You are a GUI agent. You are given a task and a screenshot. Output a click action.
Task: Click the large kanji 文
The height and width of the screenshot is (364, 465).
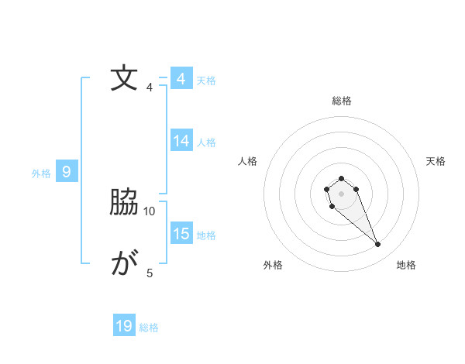(125, 79)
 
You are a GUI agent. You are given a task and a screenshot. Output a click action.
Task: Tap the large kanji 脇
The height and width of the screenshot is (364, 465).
(125, 203)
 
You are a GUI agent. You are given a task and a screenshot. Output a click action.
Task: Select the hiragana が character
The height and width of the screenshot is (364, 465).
(125, 265)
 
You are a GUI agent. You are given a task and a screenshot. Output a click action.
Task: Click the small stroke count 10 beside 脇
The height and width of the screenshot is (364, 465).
(150, 211)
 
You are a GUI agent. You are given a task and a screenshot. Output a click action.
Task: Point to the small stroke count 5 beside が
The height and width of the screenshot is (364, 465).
(150, 273)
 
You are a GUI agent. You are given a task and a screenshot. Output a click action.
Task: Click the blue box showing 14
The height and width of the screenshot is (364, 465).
(181, 141)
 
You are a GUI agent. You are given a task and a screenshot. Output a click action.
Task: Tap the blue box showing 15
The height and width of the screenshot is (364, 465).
(181, 234)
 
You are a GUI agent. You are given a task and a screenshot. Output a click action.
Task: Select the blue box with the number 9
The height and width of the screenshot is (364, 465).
(67, 172)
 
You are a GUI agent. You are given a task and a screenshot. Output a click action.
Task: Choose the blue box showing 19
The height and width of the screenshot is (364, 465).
(124, 326)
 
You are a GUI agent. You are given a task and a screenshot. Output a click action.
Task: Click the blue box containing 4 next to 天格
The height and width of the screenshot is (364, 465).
(181, 79)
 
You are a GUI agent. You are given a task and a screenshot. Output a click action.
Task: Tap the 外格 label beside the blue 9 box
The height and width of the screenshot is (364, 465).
(41, 173)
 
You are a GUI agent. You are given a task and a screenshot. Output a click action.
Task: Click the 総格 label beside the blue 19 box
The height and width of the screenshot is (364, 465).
(149, 328)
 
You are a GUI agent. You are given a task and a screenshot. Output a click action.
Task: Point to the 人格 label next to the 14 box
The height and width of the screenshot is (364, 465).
(206, 143)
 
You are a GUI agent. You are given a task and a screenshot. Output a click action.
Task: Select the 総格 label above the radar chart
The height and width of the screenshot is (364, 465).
(341, 101)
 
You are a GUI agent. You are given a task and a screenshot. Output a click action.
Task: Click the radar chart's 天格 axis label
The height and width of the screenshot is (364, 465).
(436, 161)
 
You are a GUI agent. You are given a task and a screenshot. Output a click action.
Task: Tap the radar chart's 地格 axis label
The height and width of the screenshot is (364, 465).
(406, 265)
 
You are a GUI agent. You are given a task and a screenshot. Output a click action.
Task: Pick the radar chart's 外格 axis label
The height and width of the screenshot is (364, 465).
(273, 265)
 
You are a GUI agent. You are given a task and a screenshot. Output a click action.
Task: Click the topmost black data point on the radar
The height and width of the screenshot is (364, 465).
(341, 179)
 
